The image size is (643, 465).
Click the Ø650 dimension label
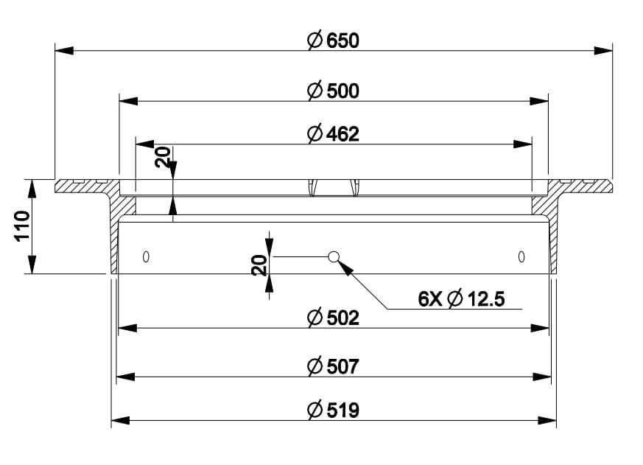coord(333,41)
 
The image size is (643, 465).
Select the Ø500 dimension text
coord(333,91)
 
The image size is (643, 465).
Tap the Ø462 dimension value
coord(333,134)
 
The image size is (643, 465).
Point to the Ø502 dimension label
coord(333,318)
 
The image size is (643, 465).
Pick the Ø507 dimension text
coord(333,366)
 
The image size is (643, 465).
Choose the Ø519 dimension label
coord(333,410)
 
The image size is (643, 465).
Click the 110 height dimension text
coord(20,226)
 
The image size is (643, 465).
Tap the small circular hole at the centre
coord(334,256)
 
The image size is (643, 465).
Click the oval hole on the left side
coord(146,256)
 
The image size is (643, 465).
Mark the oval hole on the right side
coord(521,256)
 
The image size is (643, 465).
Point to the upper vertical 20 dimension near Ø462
coord(163,156)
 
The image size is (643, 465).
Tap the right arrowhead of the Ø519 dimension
coord(547,420)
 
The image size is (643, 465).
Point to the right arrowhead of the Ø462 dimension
coord(524,144)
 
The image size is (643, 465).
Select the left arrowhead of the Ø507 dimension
coord(126,377)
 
